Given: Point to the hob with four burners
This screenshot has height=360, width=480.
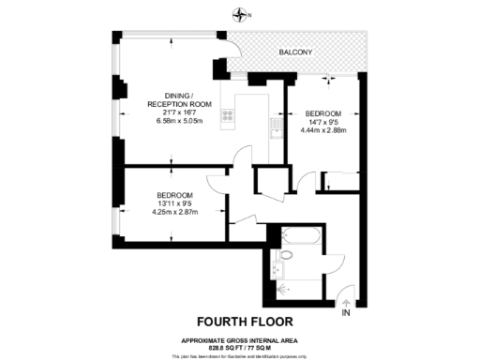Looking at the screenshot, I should (227, 116).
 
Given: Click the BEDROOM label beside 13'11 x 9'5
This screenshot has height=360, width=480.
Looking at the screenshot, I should (175, 194).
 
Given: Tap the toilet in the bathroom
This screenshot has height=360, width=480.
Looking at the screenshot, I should (286, 254).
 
